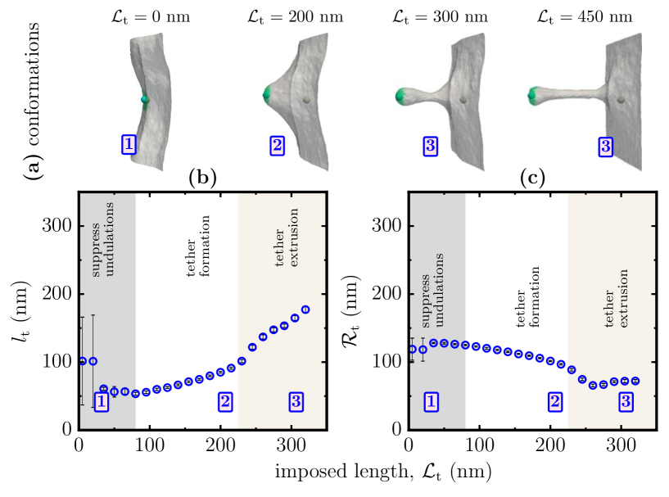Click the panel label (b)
tap(202, 177)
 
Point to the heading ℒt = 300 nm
tap(431, 14)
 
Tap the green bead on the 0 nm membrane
tap(145, 99)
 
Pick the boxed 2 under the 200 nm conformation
tap(275, 146)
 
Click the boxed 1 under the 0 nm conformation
tap(129, 145)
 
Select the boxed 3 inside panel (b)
tap(296, 401)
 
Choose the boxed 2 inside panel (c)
tap(554, 401)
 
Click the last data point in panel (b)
tap(305, 309)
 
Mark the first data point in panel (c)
tap(412, 349)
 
